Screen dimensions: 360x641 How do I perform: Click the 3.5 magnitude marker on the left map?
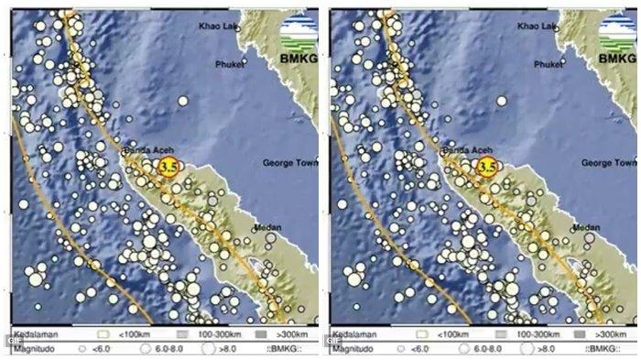(168, 167)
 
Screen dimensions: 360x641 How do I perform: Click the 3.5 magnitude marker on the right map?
(486, 167)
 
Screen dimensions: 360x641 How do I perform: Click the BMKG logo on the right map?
(617, 41)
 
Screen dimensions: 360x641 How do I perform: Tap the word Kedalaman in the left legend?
(33, 335)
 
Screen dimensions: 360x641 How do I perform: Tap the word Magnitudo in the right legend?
(352, 349)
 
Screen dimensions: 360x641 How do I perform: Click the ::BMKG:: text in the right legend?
(603, 349)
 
